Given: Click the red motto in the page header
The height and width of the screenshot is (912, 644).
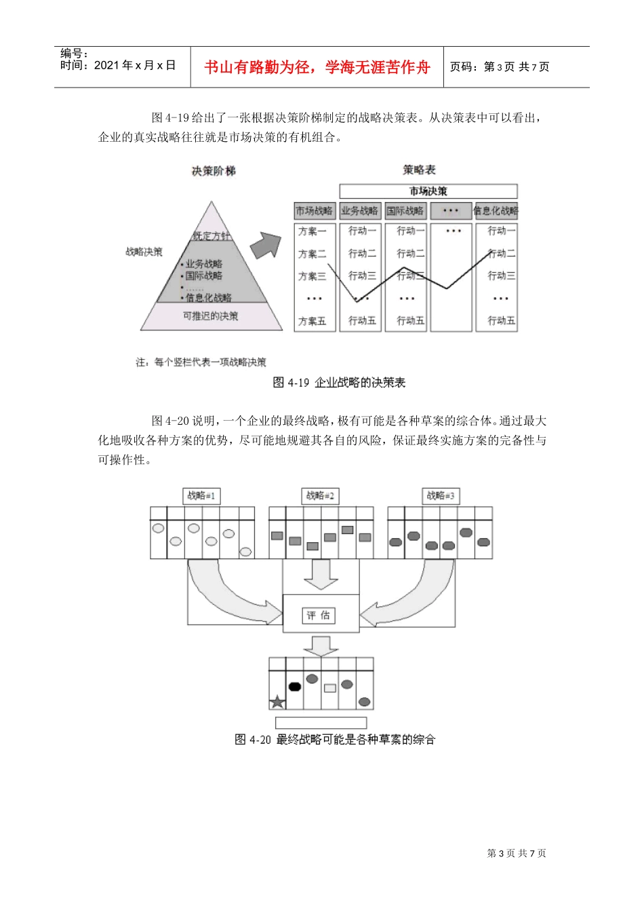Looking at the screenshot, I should (x=317, y=67).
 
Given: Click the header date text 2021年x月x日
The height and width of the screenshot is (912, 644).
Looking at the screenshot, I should (x=118, y=65).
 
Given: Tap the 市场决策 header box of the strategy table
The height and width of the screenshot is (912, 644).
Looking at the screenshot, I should (x=428, y=191).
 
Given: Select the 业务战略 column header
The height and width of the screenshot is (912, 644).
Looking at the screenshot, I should (x=360, y=211).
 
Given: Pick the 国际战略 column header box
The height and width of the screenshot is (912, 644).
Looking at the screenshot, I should (x=405, y=211).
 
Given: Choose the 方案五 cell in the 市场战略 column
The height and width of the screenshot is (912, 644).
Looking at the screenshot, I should (x=313, y=321).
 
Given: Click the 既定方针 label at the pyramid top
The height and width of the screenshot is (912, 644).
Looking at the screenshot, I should (x=212, y=236).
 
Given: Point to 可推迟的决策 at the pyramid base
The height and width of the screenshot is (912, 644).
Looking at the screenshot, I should (x=211, y=316).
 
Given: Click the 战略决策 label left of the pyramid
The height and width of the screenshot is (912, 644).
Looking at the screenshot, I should (x=144, y=252).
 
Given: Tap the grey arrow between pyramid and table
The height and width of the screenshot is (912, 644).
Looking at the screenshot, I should (x=265, y=245).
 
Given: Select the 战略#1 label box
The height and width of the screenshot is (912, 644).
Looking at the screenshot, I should (x=201, y=496).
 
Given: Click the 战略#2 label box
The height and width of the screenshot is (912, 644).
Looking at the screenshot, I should (x=320, y=496).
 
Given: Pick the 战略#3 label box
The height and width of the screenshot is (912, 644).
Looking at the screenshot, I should (x=441, y=496).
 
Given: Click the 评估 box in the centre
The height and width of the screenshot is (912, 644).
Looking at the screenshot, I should (x=319, y=615).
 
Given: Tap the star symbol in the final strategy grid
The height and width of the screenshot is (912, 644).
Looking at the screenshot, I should (x=277, y=702).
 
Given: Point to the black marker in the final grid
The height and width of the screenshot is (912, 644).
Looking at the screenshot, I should (x=294, y=686).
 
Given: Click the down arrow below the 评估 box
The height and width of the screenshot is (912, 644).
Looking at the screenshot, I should (x=320, y=645).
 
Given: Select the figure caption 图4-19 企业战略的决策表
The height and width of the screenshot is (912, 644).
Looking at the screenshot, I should (x=339, y=383).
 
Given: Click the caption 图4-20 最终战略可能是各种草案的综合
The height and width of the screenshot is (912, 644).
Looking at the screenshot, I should (x=335, y=739).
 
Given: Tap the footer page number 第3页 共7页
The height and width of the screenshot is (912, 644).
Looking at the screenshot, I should (x=517, y=853).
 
